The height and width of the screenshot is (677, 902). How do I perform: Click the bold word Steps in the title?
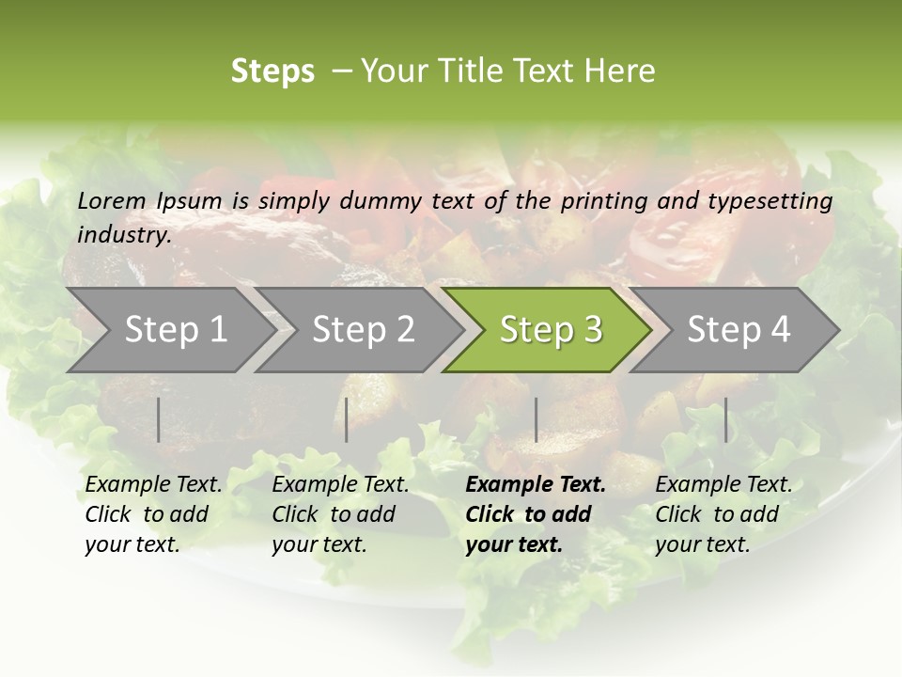coord(272,71)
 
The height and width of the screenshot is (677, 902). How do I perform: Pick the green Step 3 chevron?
coord(551,330)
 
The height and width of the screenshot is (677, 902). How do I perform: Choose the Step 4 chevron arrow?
coord(739,330)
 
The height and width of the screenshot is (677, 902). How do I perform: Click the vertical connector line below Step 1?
coord(159,419)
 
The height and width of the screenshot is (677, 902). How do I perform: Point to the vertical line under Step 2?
coord(347,419)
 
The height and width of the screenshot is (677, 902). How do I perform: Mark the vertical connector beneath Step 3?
coord(536,419)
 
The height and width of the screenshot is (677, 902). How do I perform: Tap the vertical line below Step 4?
coord(725,419)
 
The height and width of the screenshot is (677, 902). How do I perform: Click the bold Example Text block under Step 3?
coord(536,514)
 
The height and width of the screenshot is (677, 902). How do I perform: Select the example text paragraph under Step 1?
coord(153,514)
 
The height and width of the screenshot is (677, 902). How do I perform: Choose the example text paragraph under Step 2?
coord(340,514)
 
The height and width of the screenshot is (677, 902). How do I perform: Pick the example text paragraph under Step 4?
coord(723,514)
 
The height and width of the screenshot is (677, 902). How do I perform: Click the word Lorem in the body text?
coord(112,200)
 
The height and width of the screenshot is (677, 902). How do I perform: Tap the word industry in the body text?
coord(123,235)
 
